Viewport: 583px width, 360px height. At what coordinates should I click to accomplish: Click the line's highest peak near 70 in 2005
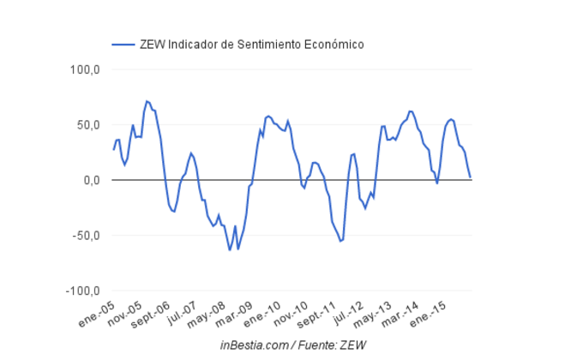[147, 101]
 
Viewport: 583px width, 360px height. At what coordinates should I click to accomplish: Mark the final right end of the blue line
[471, 177]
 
